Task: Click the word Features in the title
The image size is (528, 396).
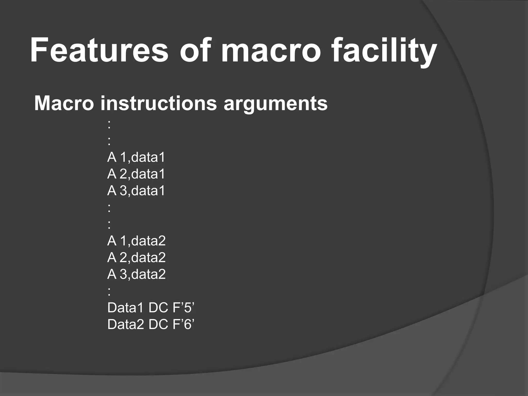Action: coord(99,50)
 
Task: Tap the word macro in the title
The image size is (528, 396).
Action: coord(271,50)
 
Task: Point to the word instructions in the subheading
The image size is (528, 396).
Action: coord(159,103)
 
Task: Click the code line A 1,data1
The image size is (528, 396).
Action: coord(136,157)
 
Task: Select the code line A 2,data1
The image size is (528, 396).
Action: coord(136,174)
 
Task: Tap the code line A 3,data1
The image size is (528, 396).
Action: coord(136,191)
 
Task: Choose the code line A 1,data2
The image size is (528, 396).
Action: coord(136,241)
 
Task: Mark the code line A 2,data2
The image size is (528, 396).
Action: coord(136,257)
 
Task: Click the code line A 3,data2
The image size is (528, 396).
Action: coord(136,274)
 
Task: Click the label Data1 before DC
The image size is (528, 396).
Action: coord(125,308)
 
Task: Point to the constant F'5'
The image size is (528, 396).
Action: coord(183,308)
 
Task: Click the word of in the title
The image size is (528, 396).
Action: coord(195,50)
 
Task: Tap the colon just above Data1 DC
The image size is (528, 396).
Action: coord(109,292)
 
